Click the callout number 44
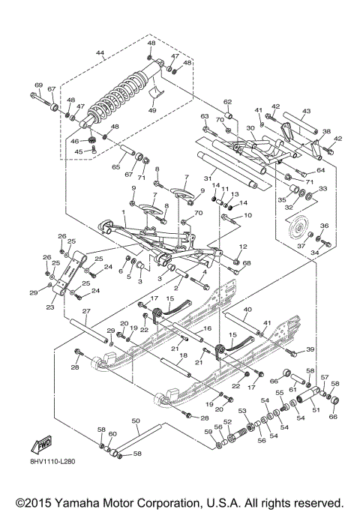(x=99, y=52)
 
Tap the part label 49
(x=153, y=110)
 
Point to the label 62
(x=227, y=102)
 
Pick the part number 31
(x=229, y=178)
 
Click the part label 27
(x=85, y=311)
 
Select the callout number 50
(x=136, y=421)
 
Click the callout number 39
(x=310, y=350)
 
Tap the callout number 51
(x=314, y=410)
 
